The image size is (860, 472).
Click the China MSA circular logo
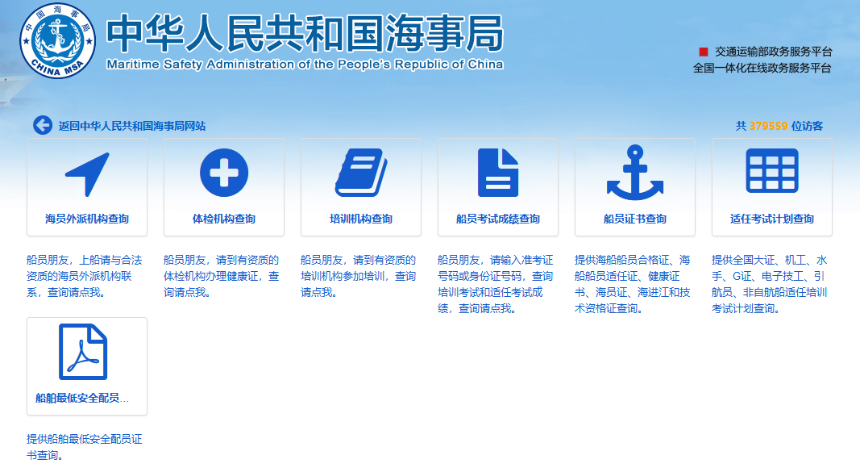point(57,40)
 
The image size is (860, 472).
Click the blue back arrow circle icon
point(43,125)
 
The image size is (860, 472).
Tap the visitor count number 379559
point(768,126)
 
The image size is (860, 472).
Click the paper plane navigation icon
point(87,174)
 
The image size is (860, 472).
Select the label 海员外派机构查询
point(87,219)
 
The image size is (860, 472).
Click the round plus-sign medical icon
point(224,173)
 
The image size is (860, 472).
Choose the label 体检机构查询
point(224,219)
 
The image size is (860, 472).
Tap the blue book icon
point(361,173)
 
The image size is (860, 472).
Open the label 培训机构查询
point(361,219)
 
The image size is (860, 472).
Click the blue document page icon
point(498,173)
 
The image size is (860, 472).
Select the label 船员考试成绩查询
point(498,219)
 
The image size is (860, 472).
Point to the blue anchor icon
point(635,173)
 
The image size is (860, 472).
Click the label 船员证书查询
point(635,219)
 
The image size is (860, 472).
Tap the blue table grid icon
point(772,171)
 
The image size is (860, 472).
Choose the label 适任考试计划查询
point(772,219)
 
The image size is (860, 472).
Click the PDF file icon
point(83,352)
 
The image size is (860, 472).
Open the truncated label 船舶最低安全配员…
point(82,398)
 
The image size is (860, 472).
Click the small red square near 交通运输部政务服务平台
point(703,52)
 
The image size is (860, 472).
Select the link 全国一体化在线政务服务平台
point(762,68)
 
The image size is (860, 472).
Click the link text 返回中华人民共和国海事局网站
point(132,126)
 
